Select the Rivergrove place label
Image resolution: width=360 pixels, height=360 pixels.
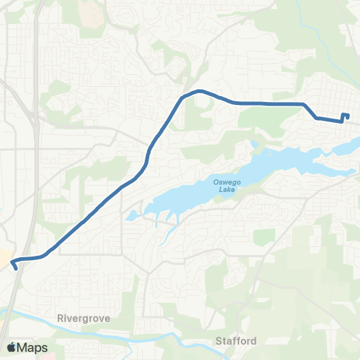(x=82, y=318)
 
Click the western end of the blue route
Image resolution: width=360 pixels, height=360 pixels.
(x=15, y=268)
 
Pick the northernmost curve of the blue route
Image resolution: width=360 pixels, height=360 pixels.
(x=199, y=91)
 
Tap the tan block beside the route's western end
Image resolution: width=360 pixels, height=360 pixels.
(x=4, y=258)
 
